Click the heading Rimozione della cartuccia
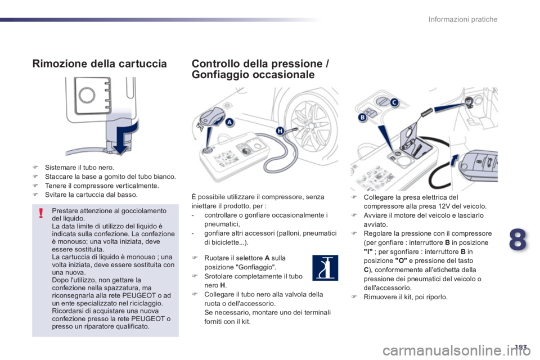pyautogui.click(x=100, y=64)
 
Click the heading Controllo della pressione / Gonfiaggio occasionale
pyautogui.click(x=260, y=69)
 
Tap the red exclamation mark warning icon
pyautogui.click(x=41, y=213)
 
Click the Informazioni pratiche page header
pyautogui.click(x=463, y=19)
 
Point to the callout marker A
pyautogui.click(x=229, y=122)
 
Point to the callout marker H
pyautogui.click(x=280, y=131)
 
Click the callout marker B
pyautogui.click(x=362, y=117)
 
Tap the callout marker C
pyautogui.click(x=394, y=102)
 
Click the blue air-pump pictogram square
pyautogui.click(x=325, y=268)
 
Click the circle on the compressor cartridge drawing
pyautogui.click(x=87, y=94)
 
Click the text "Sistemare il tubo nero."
pyautogui.click(x=79, y=168)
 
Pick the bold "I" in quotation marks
pyautogui.click(x=368, y=252)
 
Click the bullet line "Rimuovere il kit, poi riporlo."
pyautogui.click(x=406, y=297)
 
